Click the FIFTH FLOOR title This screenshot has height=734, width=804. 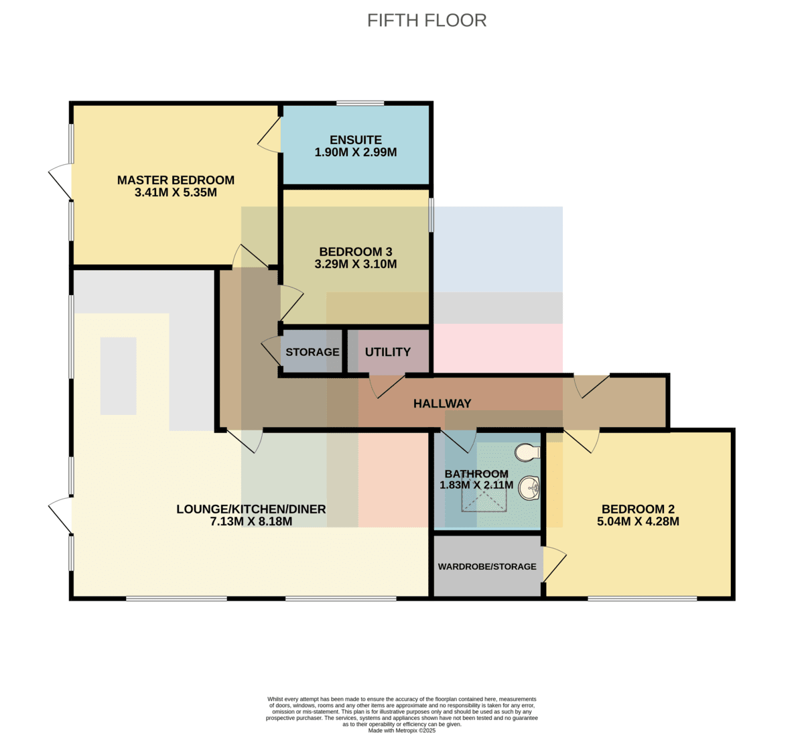[x=427, y=21]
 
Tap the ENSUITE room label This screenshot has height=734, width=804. [x=356, y=140]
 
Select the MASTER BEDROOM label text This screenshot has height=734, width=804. [x=176, y=180]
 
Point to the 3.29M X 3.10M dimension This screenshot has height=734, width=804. [x=356, y=264]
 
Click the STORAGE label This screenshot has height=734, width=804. [x=312, y=352]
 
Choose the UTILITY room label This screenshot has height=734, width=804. [x=387, y=352]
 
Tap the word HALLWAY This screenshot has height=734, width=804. [x=442, y=404]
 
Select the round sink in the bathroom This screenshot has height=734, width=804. [x=529, y=489]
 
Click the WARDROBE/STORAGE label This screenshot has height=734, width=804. [x=487, y=566]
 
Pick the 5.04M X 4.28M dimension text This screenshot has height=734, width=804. [x=638, y=522]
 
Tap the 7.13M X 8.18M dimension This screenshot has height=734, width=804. [x=251, y=522]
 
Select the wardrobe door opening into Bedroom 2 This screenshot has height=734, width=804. [x=554, y=564]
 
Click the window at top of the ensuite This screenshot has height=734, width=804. [x=360, y=103]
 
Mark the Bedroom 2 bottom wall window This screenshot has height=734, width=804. [x=642, y=599]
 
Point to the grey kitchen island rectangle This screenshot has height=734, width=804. [x=118, y=376]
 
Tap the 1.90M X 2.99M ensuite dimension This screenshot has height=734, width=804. [x=356, y=152]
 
